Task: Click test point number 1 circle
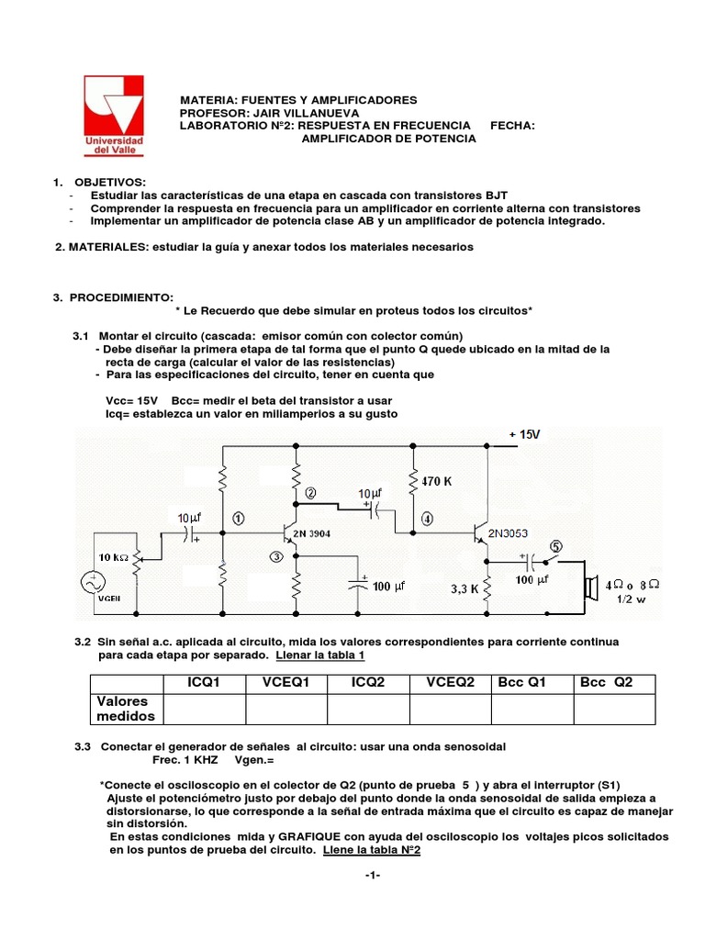click(x=240, y=517)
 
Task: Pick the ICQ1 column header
click(x=203, y=683)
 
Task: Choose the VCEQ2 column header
click(x=450, y=683)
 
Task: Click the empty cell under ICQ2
click(x=368, y=709)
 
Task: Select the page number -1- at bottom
click(x=372, y=875)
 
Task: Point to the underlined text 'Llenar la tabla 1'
click(x=317, y=656)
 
